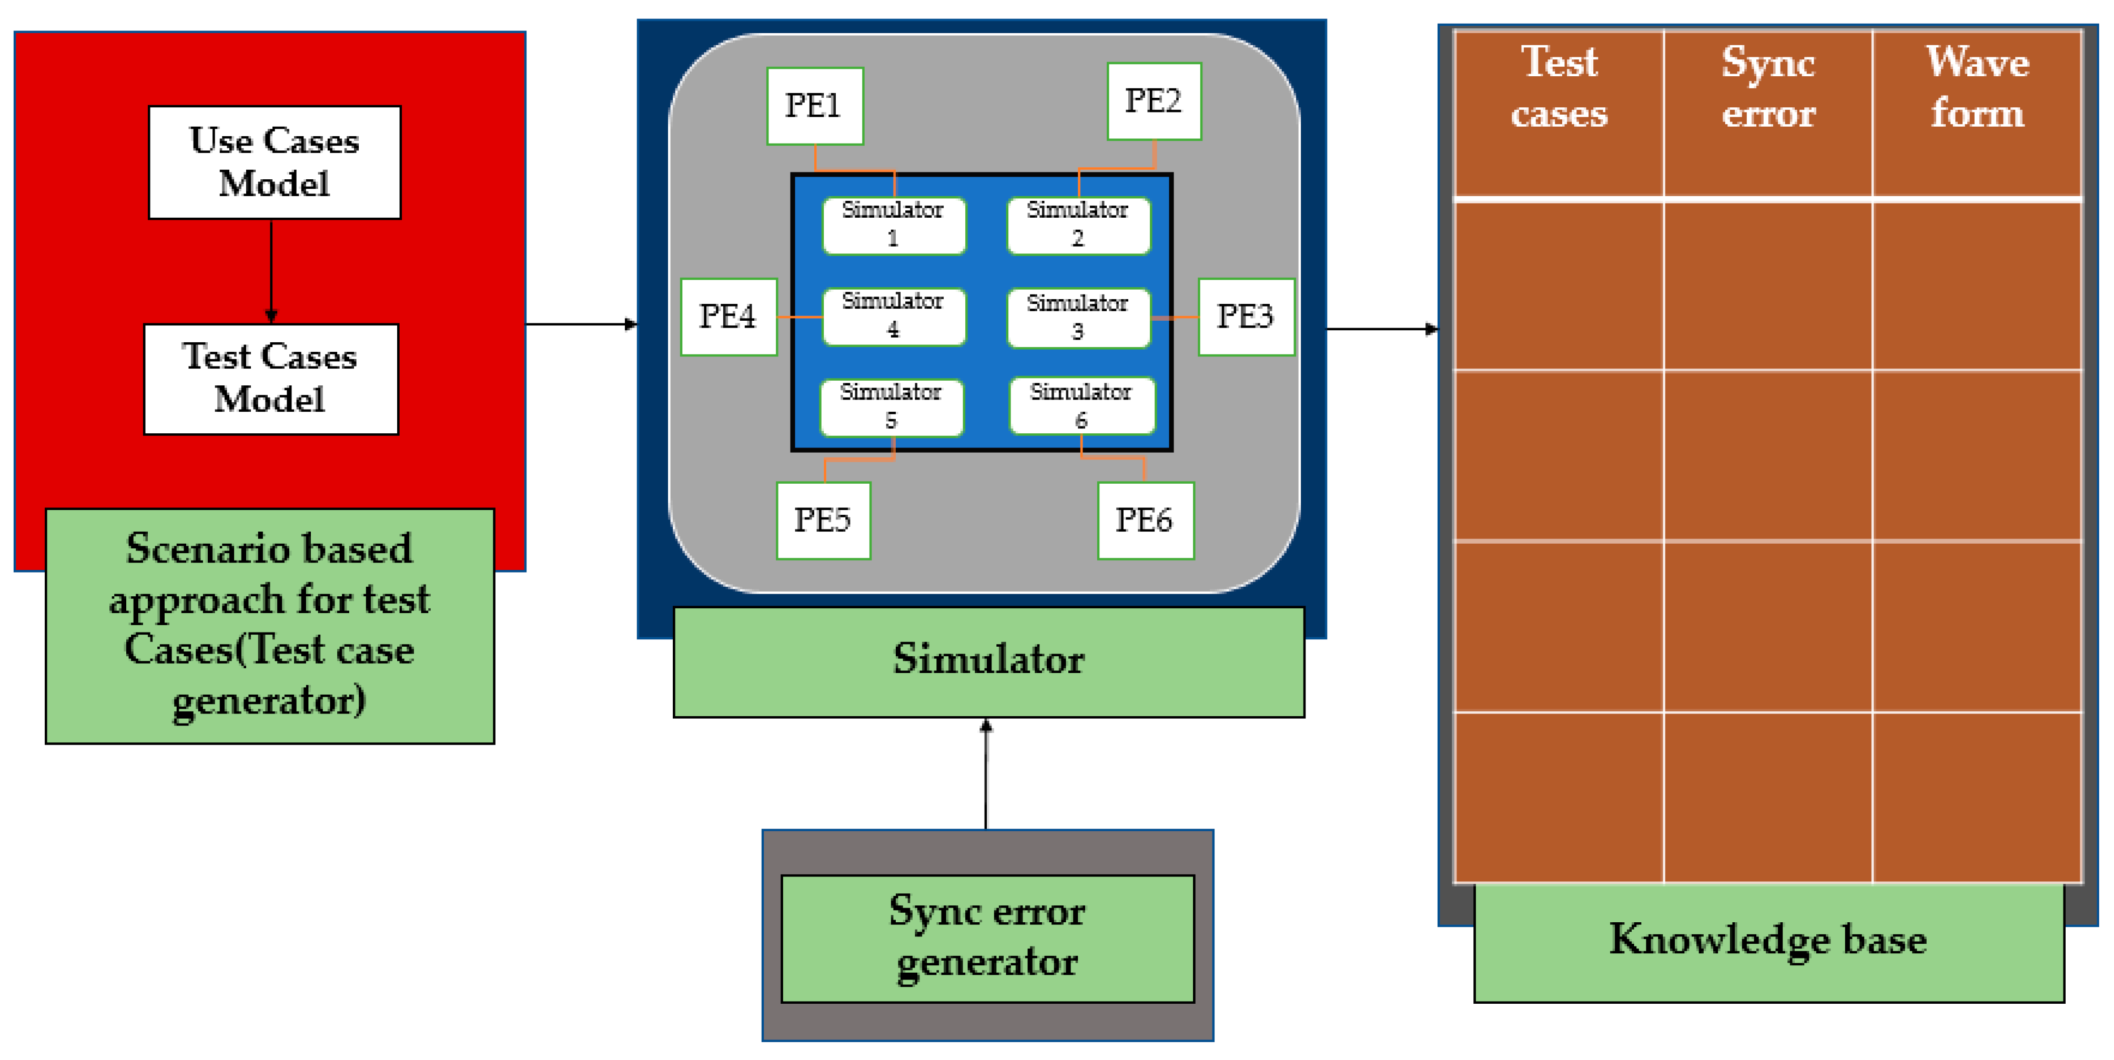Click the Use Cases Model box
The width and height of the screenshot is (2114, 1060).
[x=274, y=161]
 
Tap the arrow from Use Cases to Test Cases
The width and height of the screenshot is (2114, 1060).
[x=271, y=271]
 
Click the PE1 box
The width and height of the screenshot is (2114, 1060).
[x=814, y=106]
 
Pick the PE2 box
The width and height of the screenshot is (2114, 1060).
[x=1154, y=101]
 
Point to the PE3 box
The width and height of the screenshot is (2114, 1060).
[x=1246, y=317]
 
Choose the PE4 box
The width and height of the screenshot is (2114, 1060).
[x=729, y=317]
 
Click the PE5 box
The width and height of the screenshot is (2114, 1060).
[x=823, y=520]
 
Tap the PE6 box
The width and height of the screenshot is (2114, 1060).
[x=1146, y=520]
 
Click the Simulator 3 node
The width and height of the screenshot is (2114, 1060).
[x=1078, y=318]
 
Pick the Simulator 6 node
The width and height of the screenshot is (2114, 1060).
[x=1081, y=406]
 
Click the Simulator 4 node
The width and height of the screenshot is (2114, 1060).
[x=894, y=316]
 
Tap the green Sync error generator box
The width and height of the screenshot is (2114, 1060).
[x=987, y=938]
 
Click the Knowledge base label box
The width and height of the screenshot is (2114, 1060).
[x=1768, y=942]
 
